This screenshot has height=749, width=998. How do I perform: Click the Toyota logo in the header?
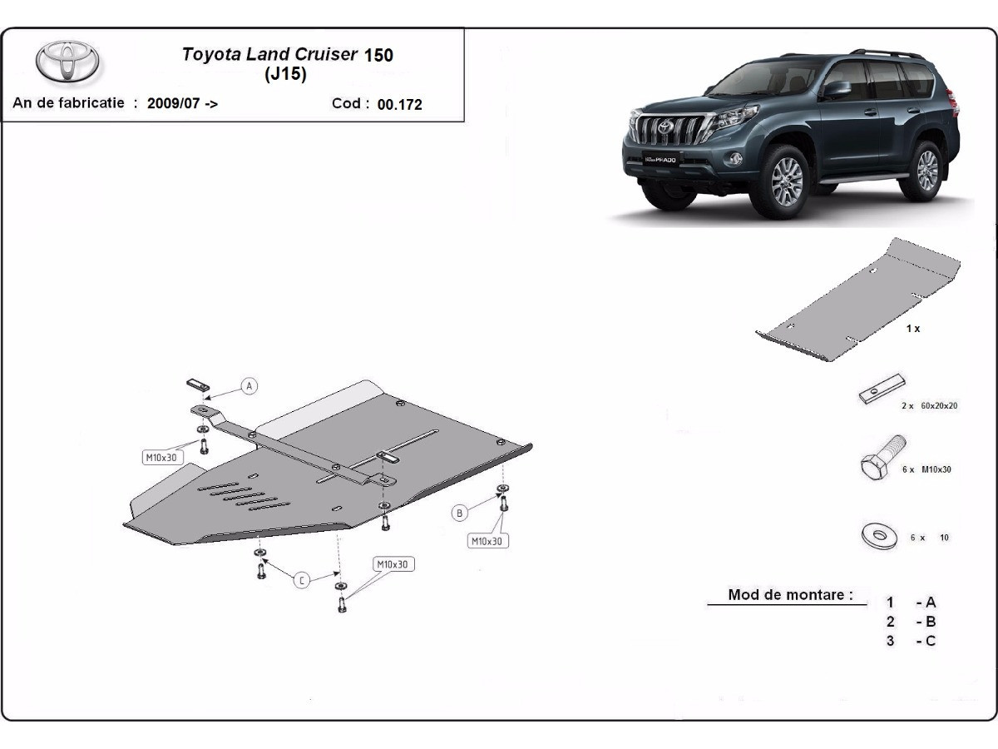pyautogui.click(x=67, y=63)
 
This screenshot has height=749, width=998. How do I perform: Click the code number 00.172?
pyautogui.click(x=399, y=105)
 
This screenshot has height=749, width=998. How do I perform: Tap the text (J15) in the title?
pyautogui.click(x=285, y=74)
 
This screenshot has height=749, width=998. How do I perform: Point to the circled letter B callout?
pyautogui.click(x=459, y=513)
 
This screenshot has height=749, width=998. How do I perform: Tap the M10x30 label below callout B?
pyautogui.click(x=487, y=541)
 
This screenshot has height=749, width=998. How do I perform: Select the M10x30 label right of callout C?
pyautogui.click(x=393, y=564)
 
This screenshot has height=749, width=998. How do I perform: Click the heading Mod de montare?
pyautogui.click(x=789, y=595)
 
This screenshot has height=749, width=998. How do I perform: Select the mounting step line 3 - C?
pyautogui.click(x=911, y=641)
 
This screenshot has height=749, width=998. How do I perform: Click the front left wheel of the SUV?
pyautogui.click(x=786, y=178)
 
